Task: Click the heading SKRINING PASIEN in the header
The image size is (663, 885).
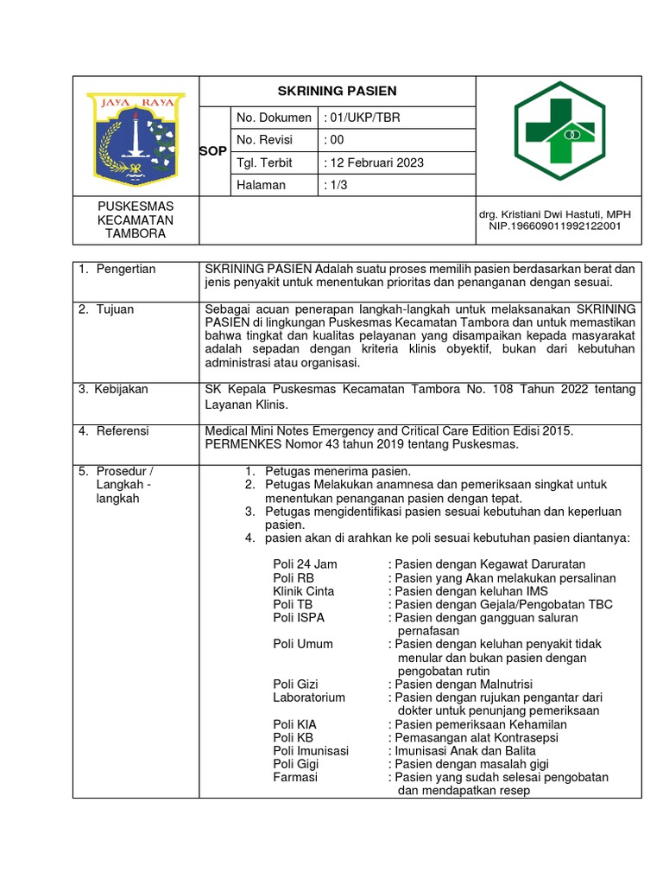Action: [337, 91]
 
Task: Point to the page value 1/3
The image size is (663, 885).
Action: [334, 185]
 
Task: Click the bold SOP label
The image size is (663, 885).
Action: [212, 151]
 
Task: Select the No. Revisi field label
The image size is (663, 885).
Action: [264, 140]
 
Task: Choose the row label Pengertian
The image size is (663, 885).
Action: [125, 270]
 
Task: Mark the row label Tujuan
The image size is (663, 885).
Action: [115, 309]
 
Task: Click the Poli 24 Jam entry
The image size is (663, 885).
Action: [305, 564]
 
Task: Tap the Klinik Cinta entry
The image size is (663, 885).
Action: [303, 591]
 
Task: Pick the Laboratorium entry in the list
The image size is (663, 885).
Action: [309, 697]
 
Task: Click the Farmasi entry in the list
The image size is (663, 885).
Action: [295, 777]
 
